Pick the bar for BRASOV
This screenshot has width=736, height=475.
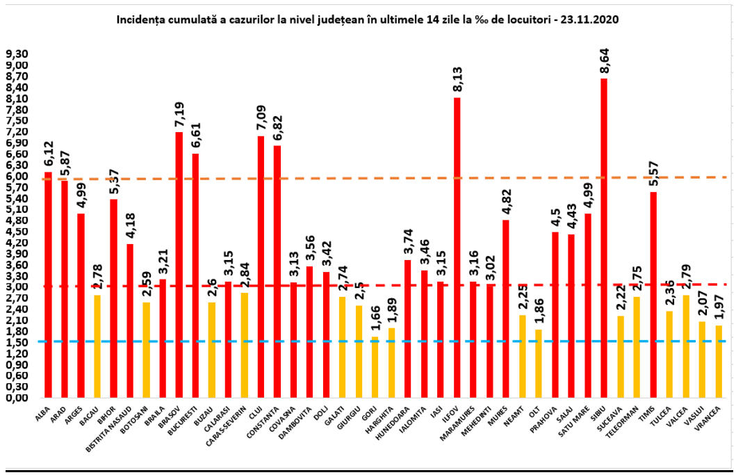coord(179,264)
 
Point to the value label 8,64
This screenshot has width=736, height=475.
coord(604,61)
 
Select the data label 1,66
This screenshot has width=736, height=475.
coord(375,321)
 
